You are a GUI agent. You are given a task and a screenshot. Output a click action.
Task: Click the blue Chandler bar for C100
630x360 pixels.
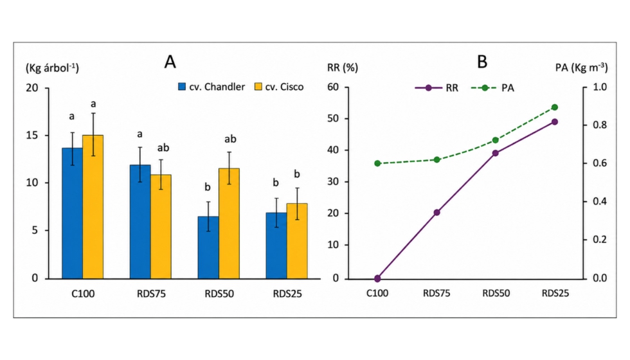tap(72, 213)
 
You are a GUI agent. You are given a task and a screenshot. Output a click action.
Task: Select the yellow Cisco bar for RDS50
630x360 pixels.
tap(229, 224)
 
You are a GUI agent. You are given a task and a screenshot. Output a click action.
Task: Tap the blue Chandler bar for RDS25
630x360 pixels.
tap(276, 246)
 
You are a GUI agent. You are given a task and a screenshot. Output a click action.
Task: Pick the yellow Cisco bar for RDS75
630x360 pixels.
tap(161, 226)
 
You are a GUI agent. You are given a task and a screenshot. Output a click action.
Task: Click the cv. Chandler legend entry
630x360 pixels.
tap(212, 87)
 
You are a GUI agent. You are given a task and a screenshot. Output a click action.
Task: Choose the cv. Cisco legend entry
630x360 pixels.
tap(279, 87)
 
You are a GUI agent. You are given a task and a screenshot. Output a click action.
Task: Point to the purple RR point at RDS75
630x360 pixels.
tap(437, 213)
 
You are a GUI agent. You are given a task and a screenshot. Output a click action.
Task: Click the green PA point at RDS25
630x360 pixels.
tap(555, 107)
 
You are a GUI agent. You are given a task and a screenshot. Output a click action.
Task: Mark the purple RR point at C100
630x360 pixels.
tap(377, 278)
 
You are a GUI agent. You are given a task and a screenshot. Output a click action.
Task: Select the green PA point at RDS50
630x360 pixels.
tap(496, 140)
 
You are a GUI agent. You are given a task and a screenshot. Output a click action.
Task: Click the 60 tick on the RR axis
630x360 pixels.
tap(333, 87)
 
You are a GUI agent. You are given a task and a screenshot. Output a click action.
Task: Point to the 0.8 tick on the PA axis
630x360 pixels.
tap(599, 125)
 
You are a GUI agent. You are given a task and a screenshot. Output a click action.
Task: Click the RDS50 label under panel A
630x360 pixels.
tap(219, 294)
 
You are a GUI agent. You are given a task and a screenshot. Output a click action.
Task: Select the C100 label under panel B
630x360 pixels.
tap(377, 293)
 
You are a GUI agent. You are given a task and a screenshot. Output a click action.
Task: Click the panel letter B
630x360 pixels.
tap(482, 62)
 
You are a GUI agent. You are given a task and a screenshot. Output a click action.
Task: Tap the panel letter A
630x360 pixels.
tap(170, 62)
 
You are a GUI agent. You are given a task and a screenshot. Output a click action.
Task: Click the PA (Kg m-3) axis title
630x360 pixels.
tap(581, 67)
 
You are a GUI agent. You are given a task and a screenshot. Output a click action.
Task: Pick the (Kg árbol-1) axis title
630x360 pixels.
tap(52, 67)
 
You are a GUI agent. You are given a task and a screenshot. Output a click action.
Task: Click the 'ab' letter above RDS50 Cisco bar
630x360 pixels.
tap(230, 139)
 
